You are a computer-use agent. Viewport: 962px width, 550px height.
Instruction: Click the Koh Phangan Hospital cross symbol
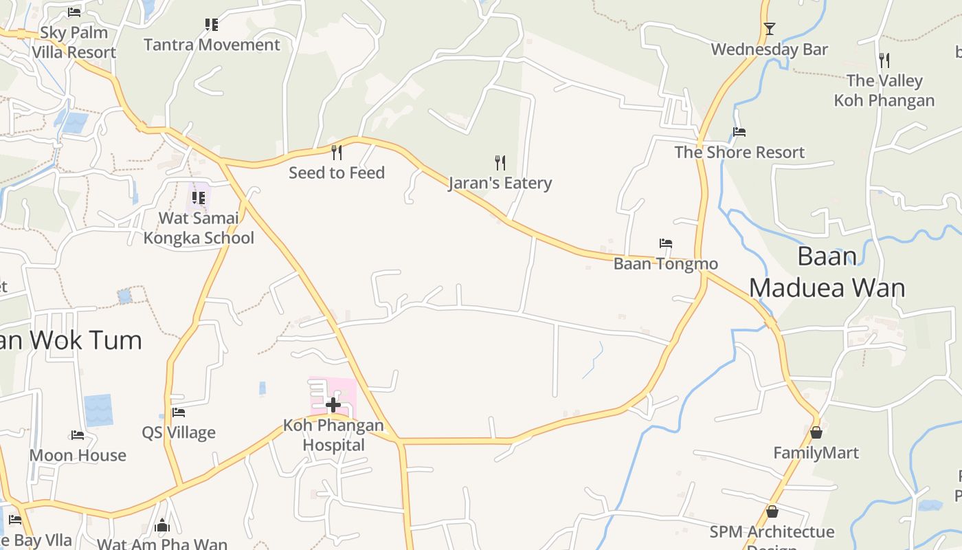333,405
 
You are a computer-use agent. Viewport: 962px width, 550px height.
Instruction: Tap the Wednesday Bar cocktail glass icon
770,29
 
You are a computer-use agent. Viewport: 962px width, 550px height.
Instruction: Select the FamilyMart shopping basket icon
816,432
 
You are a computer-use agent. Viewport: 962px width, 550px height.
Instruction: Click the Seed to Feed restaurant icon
337,152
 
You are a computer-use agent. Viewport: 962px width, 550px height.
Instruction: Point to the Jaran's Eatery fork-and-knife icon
500,163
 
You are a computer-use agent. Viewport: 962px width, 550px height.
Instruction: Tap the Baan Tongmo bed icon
665,243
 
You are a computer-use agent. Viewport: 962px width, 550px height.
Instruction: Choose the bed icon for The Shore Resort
739,132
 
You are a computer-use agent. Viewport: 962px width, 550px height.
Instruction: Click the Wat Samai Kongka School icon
199,198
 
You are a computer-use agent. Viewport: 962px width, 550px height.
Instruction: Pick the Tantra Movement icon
212,25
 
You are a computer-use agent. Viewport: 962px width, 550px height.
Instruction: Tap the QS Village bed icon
179,412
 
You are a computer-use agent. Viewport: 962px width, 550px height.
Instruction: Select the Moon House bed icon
78,435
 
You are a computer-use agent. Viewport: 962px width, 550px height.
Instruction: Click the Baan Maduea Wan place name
827,272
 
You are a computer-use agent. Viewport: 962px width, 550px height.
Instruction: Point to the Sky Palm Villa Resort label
74,42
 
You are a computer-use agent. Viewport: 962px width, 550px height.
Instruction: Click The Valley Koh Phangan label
884,90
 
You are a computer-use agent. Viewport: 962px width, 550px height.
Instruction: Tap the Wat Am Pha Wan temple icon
162,526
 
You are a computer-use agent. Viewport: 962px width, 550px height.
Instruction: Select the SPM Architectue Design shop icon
772,512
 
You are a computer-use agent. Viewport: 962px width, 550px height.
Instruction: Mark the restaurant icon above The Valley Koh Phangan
884,60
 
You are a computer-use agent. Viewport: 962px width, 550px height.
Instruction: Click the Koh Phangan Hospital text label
334,435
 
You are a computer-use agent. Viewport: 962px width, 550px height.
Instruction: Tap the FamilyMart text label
816,453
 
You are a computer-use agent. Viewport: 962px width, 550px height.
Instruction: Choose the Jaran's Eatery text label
500,183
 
